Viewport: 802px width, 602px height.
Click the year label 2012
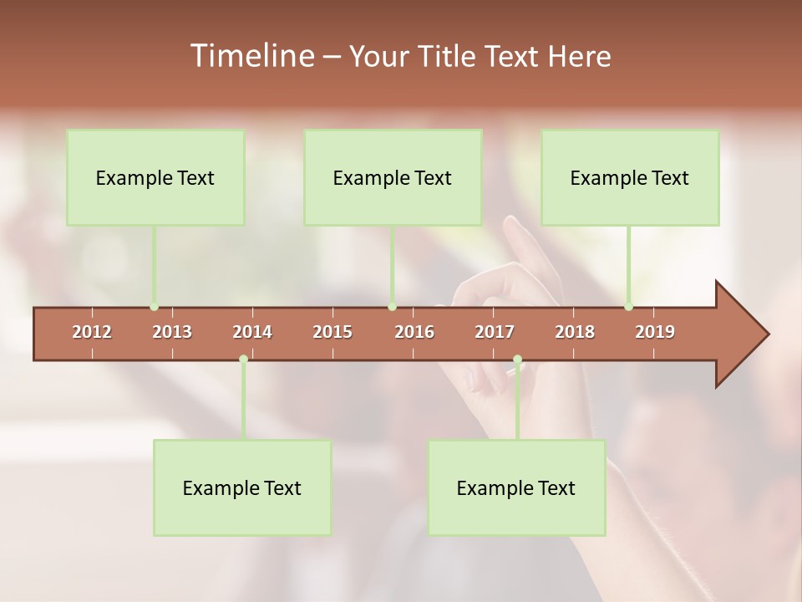pos(92,332)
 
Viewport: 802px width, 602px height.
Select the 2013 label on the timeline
pos(172,332)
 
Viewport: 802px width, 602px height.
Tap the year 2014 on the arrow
pos(252,332)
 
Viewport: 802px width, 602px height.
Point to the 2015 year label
pos(332,332)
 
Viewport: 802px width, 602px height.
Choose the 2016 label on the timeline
pos(414,332)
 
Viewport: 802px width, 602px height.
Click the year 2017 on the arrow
pos(495,332)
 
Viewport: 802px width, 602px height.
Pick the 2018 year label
pos(575,332)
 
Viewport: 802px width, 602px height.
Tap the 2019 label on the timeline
pos(655,332)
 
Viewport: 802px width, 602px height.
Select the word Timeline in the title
pos(251,56)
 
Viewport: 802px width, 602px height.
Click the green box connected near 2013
pos(155,177)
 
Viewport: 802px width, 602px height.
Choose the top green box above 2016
pos(393,177)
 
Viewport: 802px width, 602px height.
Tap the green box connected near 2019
pos(630,177)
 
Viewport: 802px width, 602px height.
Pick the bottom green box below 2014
pos(242,487)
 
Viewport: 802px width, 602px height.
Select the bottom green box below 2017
pos(516,487)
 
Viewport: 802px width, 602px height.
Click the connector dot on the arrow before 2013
pos(155,307)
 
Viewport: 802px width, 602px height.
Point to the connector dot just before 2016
pos(393,307)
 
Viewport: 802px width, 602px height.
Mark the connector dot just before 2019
pos(629,307)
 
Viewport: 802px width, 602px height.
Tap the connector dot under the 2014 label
pos(243,360)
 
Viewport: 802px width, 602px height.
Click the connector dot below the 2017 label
pos(517,360)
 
